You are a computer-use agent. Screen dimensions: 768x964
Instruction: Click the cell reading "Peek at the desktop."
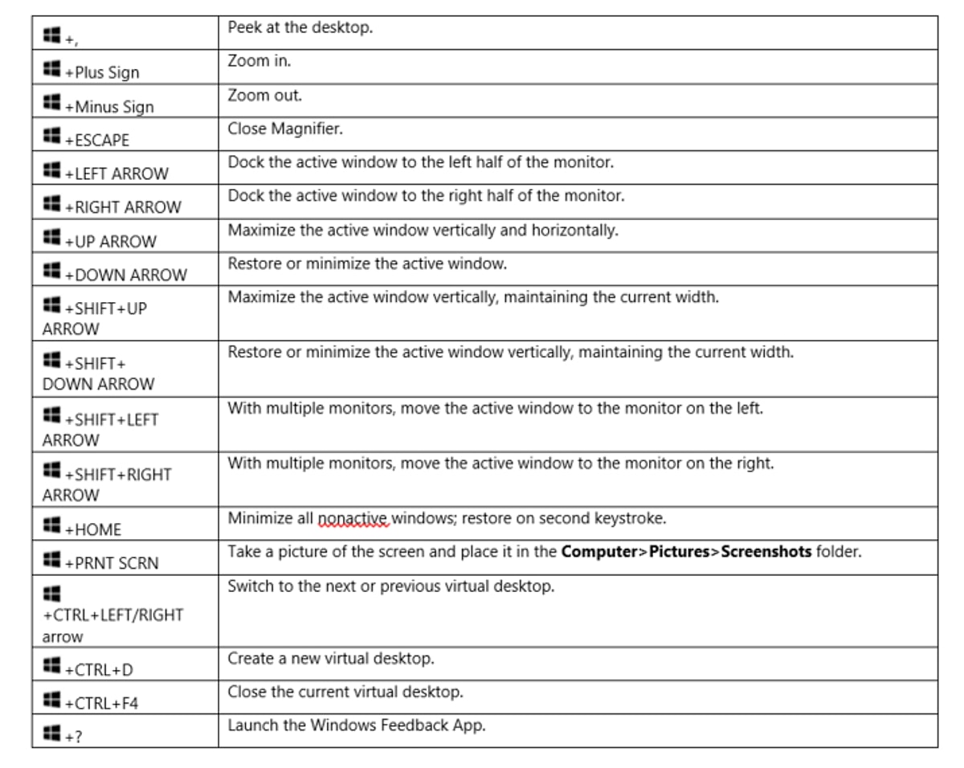coord(300,28)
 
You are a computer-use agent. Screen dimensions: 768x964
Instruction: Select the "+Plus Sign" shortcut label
coord(102,73)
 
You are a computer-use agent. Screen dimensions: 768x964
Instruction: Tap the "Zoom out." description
coord(264,96)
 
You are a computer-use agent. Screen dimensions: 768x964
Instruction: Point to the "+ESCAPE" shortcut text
coord(96,141)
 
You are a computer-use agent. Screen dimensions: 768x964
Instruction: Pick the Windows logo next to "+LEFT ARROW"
coord(52,171)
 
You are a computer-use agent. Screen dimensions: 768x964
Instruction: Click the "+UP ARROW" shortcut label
coord(110,242)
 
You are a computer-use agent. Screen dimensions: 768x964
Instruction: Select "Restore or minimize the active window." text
coord(367,263)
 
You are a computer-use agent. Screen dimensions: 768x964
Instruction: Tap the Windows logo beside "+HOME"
coord(52,527)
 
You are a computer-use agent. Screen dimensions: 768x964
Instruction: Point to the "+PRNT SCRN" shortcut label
coord(112,563)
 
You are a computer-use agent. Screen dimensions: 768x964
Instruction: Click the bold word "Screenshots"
coord(766,552)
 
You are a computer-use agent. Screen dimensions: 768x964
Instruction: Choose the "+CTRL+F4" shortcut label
coord(101,704)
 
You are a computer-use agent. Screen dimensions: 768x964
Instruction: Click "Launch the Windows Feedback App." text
coord(356,725)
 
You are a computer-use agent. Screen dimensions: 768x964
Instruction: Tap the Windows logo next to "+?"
coord(52,733)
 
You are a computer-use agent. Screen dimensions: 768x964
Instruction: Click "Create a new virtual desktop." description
coord(331,659)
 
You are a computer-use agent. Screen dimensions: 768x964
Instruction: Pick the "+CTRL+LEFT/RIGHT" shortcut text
coord(112,615)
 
